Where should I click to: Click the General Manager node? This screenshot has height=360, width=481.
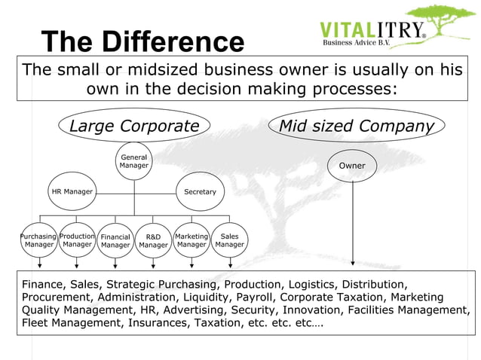[134, 161]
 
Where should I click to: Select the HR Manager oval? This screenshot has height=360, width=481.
[72, 192]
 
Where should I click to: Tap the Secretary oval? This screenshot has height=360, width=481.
[200, 192]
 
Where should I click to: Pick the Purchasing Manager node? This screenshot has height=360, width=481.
[38, 240]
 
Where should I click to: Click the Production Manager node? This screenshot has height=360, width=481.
[77, 240]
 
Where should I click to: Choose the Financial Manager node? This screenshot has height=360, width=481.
[115, 241]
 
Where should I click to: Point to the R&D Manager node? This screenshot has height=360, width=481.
[153, 241]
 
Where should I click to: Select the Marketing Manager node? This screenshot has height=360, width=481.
[191, 240]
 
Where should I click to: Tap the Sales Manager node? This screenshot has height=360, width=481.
[230, 240]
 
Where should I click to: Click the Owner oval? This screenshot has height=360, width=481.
[352, 166]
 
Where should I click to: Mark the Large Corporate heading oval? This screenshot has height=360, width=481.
[134, 126]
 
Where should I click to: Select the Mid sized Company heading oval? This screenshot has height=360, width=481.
[357, 126]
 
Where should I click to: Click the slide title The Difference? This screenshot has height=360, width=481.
[142, 42]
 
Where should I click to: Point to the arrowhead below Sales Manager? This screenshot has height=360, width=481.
[230, 264]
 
